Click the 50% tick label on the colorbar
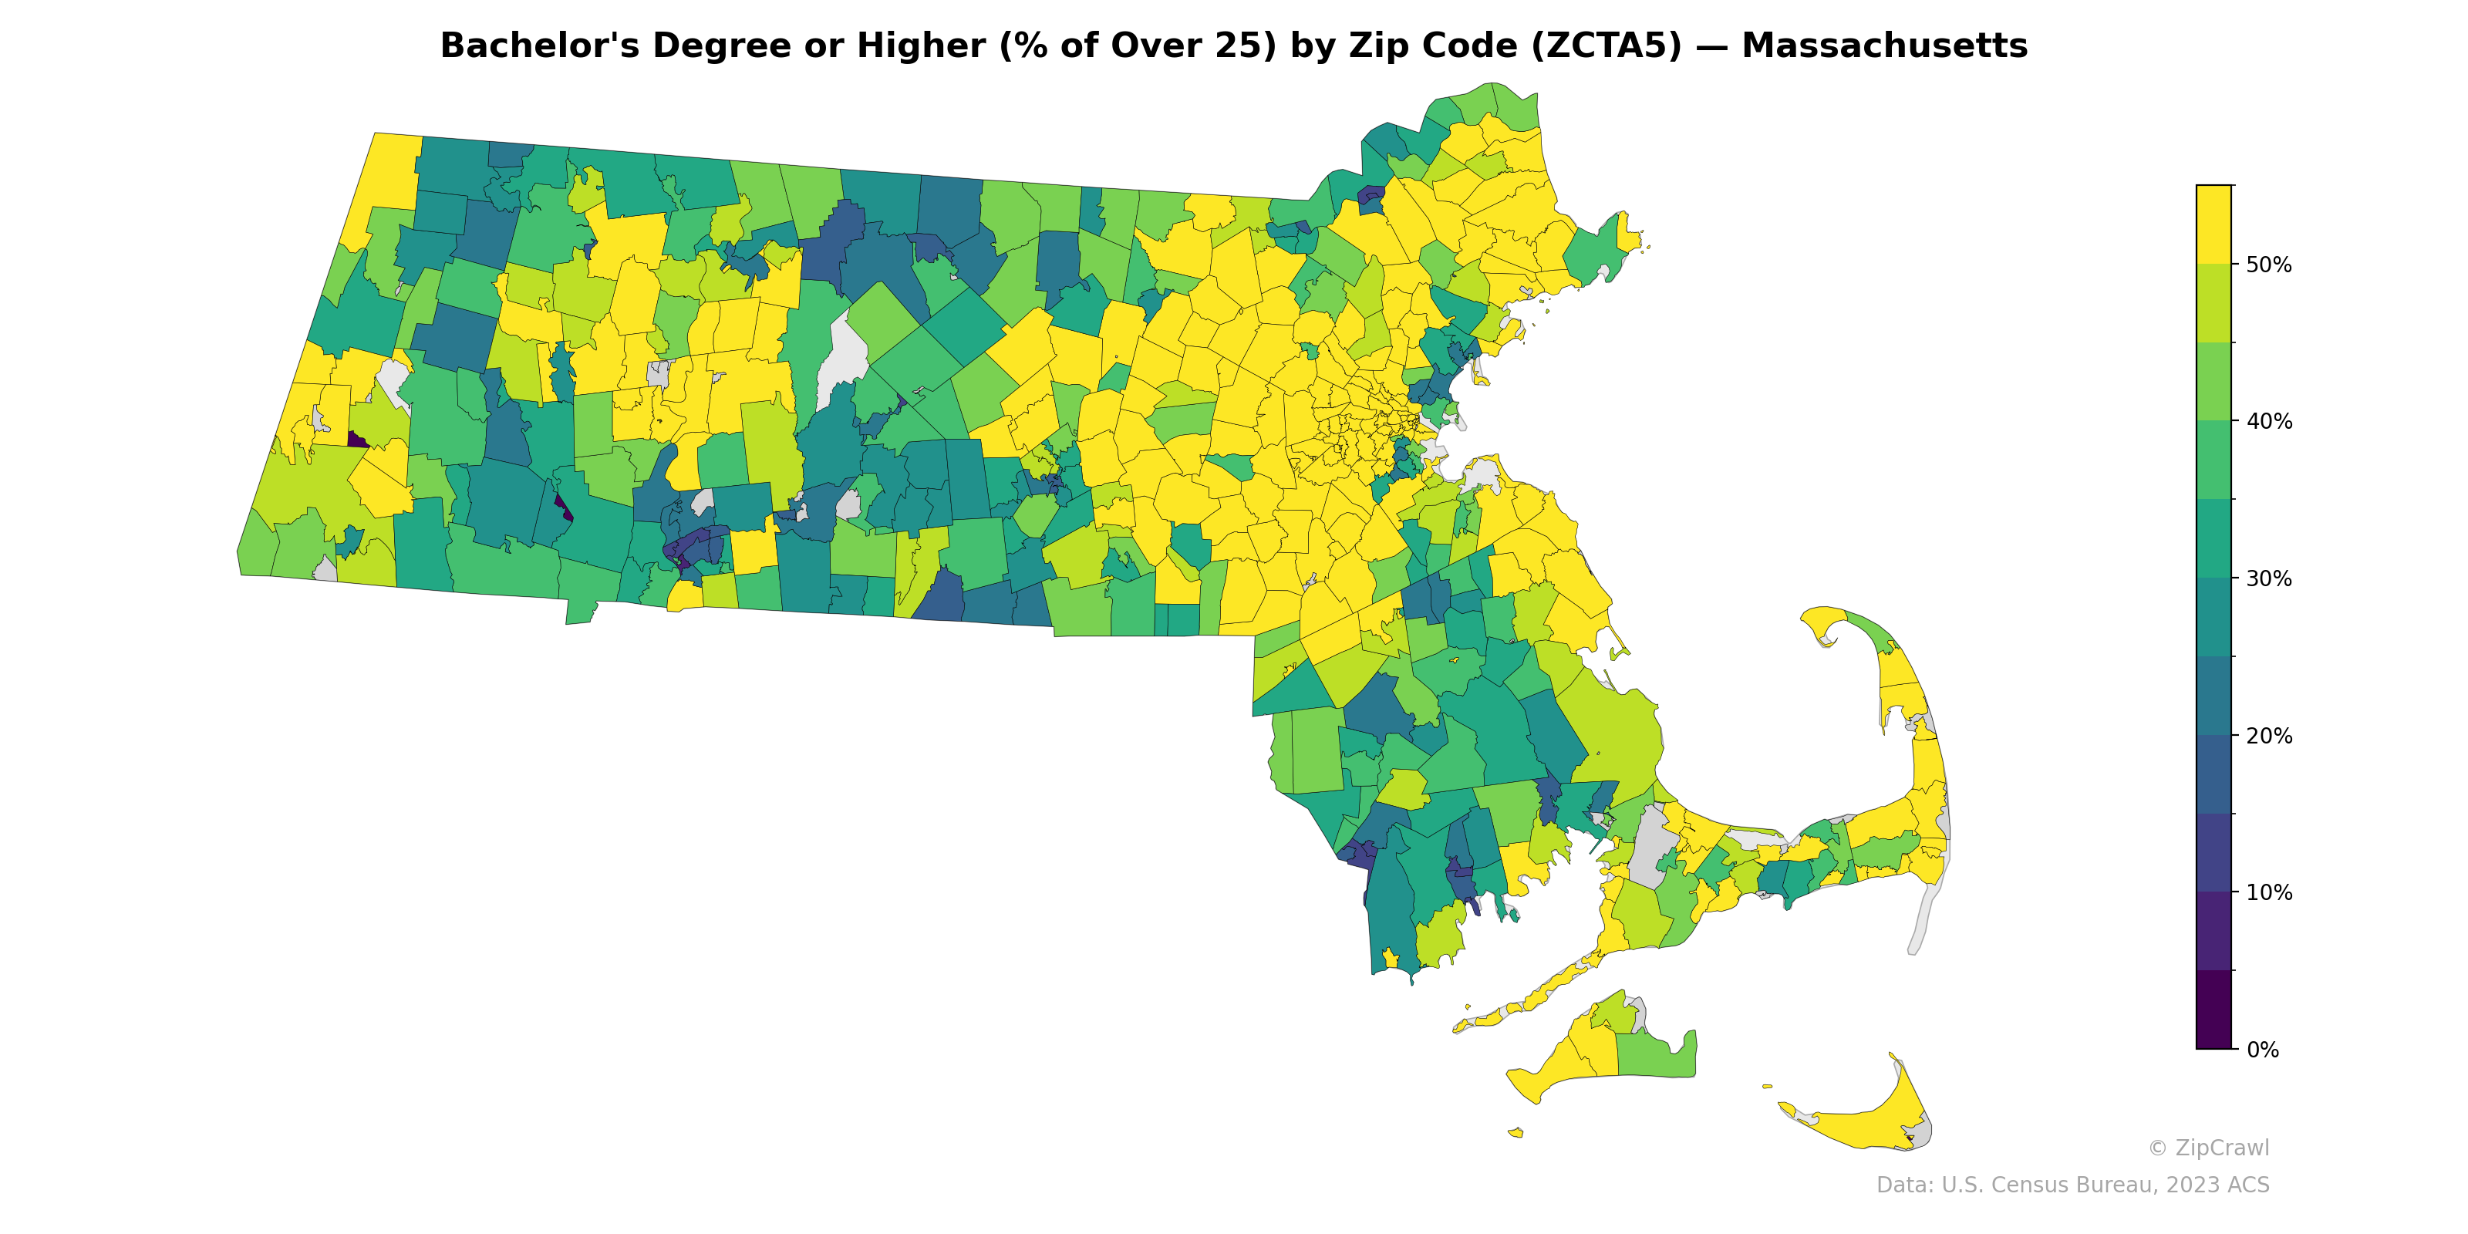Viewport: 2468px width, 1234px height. pos(2269,265)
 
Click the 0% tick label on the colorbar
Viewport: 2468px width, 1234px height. pos(2262,1050)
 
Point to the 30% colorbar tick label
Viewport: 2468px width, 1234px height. pos(2269,578)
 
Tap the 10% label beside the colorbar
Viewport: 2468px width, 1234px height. pos(2269,893)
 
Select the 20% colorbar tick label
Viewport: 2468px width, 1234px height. pos(2269,736)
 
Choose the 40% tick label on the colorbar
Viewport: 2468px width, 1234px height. pos(2269,422)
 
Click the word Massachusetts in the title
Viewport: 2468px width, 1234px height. pos(1883,46)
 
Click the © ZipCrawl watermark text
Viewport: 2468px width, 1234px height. pos(2208,1148)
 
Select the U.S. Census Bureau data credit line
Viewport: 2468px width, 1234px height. pos(2072,1185)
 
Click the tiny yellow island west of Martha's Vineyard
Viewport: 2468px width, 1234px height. pos(1515,1132)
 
